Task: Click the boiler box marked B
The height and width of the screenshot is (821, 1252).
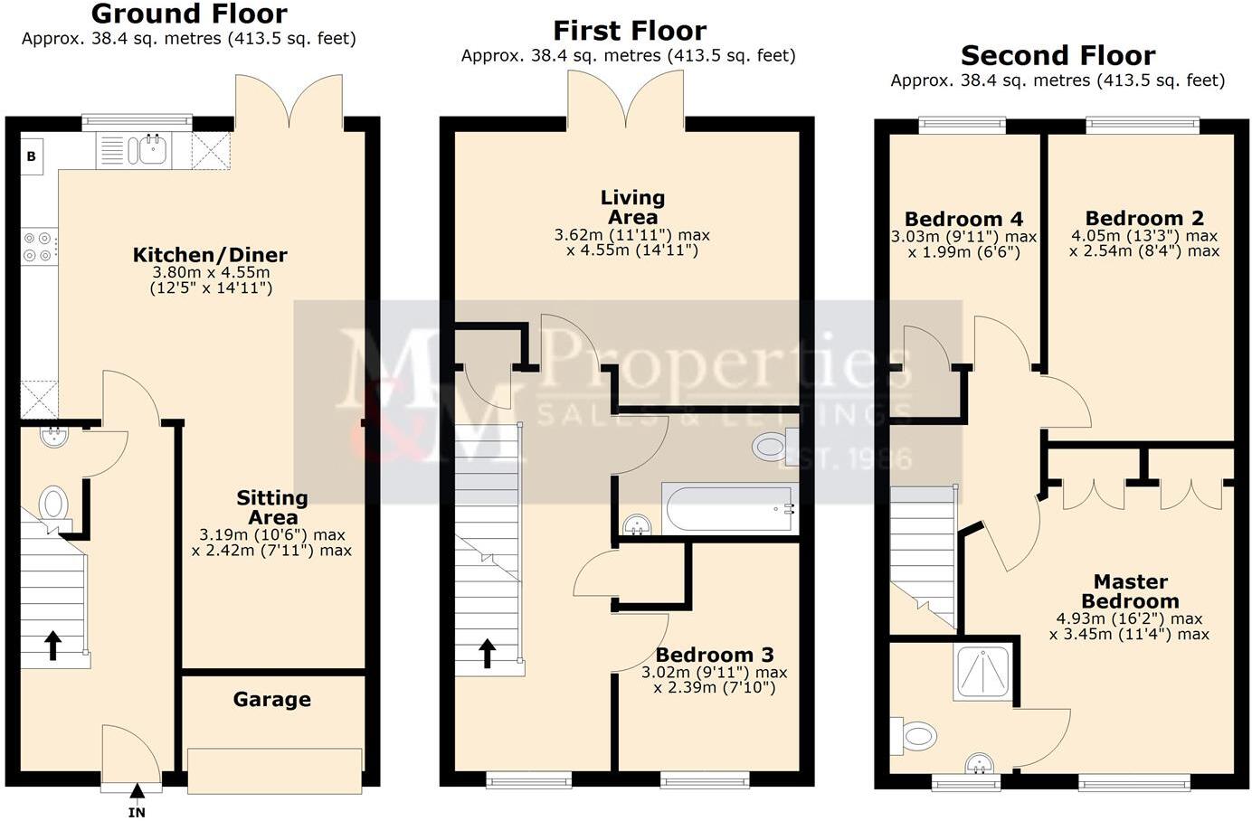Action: click(32, 156)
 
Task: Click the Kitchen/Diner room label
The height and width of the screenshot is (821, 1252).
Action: click(210, 255)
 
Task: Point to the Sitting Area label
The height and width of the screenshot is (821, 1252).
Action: click(272, 507)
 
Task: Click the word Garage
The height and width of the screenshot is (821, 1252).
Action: click(271, 700)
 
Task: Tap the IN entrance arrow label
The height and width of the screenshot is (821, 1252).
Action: click(137, 812)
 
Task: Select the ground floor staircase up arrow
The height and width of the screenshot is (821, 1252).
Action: click(52, 646)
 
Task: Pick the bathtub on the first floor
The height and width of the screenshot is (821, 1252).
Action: click(729, 510)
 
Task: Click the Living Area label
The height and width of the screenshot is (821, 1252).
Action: click(632, 207)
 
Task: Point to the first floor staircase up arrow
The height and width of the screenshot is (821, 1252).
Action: click(488, 653)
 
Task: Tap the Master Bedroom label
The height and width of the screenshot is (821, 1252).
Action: click(1130, 591)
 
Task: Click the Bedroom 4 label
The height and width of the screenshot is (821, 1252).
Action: click(963, 220)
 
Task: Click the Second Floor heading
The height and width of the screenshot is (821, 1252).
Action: click(1058, 56)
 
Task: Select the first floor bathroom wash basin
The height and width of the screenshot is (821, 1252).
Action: click(639, 524)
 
